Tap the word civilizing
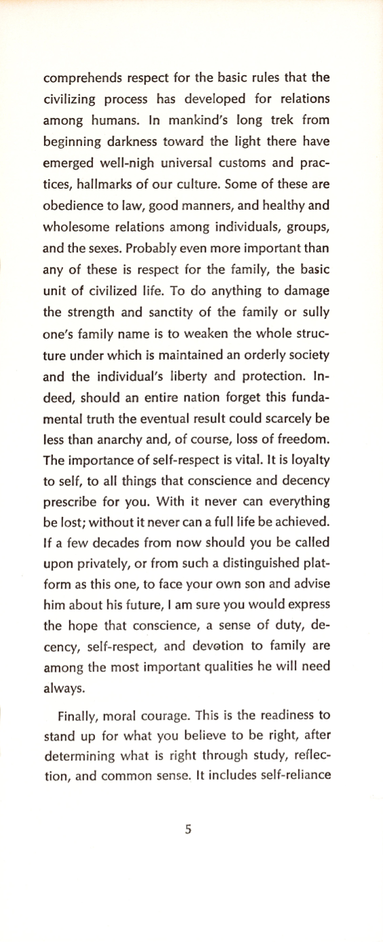(67, 100)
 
